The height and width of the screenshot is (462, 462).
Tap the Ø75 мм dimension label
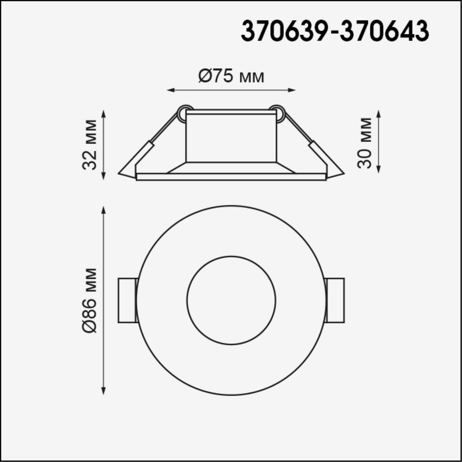(x=231, y=76)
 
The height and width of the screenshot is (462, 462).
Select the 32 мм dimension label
(x=90, y=145)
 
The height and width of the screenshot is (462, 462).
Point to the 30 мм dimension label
(x=365, y=143)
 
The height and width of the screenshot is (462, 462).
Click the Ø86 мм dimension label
(x=90, y=300)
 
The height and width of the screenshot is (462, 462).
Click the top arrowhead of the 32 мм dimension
(x=103, y=113)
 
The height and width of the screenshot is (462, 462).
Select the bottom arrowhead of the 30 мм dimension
(x=379, y=170)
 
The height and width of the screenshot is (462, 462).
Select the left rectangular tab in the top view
(x=128, y=300)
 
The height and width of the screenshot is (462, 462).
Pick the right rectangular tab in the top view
(x=335, y=300)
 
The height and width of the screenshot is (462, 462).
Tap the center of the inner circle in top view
(x=231, y=300)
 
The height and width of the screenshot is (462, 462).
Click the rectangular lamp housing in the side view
(x=231, y=138)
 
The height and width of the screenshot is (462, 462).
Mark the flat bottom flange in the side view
(x=231, y=176)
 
